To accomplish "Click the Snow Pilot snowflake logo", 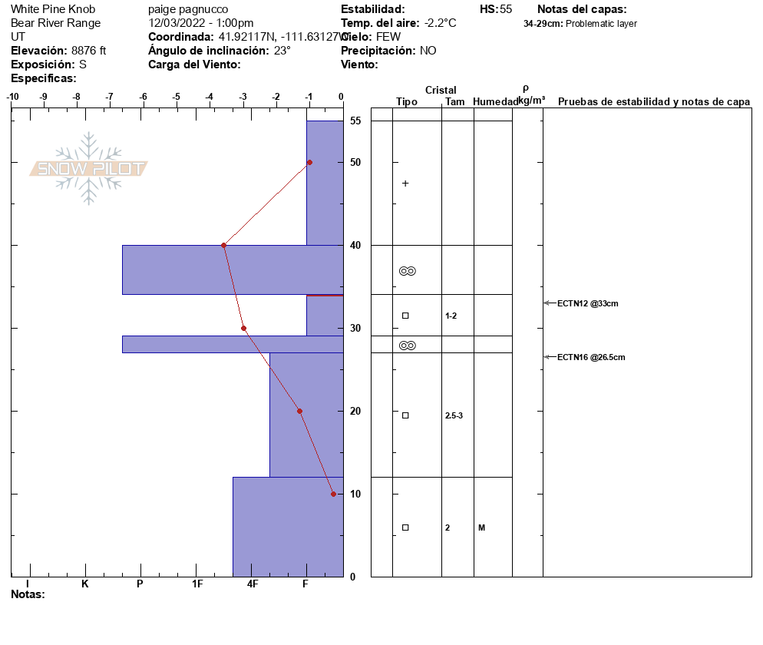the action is [88, 168].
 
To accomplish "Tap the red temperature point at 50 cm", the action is [309, 163].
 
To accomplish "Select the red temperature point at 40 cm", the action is [224, 246].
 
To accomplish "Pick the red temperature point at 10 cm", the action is [333, 494].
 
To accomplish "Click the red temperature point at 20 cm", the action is [299, 412].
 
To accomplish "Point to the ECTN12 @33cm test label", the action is [588, 303].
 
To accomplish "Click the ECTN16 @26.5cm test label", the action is [591, 357].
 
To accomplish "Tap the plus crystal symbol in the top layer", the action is [405, 184].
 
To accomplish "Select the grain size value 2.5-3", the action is [454, 415].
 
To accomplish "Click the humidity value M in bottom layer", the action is [482, 528].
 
